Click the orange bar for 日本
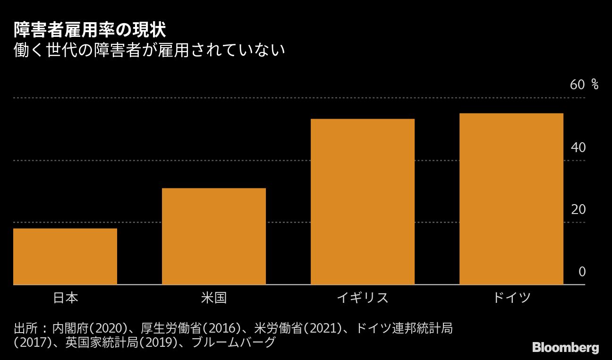65,257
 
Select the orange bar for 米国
214,236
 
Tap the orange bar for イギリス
363,202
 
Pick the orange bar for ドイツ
511,199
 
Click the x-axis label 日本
65,298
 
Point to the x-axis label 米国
214,298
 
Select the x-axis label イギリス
363,298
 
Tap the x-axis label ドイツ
511,298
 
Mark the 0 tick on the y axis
582,272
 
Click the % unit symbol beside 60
595,85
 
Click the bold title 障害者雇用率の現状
89,31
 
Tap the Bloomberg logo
566,348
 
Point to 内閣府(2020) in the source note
90,328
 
